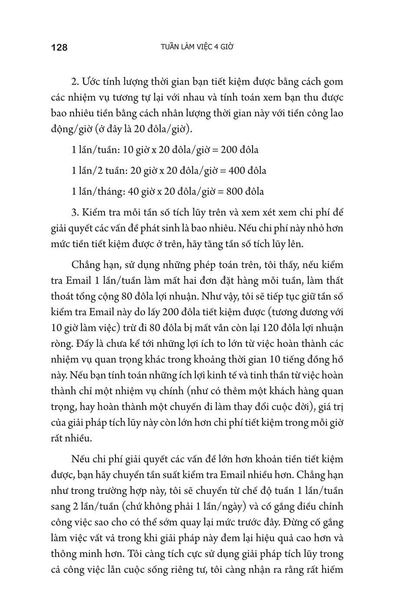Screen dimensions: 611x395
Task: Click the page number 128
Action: (x=59, y=47)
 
